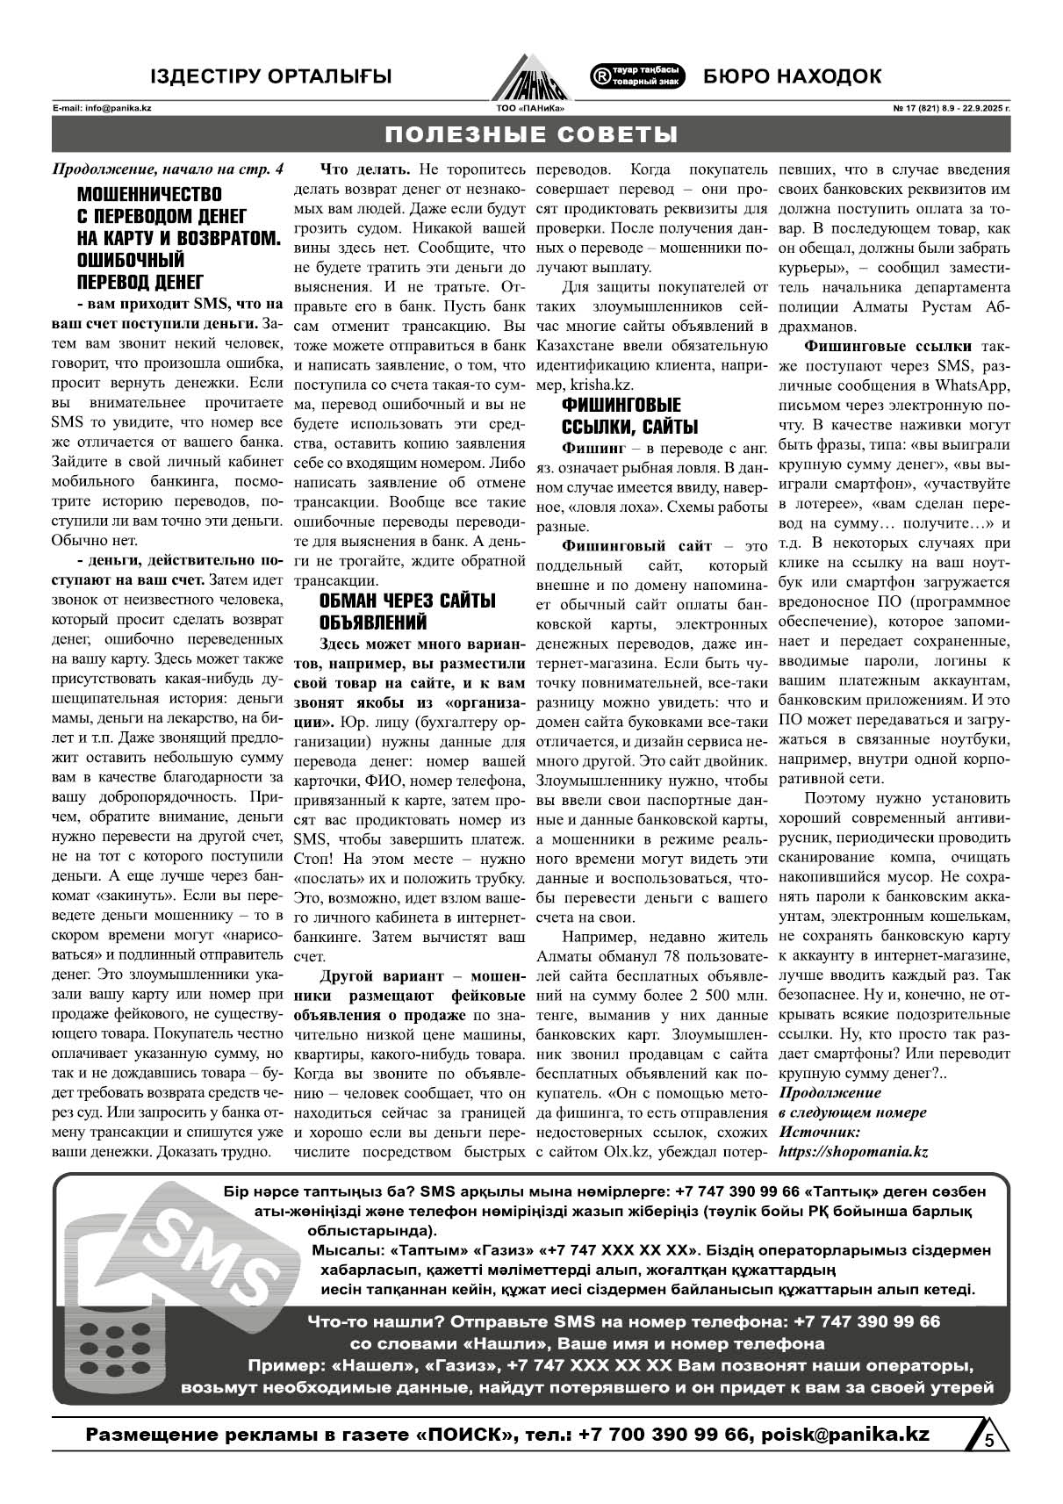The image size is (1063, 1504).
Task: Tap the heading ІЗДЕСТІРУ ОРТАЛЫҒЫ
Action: (270, 76)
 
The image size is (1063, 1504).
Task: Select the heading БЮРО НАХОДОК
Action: (792, 76)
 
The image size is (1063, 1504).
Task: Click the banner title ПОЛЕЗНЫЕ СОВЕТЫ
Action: (531, 134)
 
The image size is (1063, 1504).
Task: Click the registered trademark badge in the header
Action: (638, 76)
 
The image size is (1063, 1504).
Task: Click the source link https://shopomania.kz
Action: (853, 1151)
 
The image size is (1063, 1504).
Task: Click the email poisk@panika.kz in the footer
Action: (845, 1434)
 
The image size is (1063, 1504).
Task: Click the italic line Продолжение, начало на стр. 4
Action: (169, 169)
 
